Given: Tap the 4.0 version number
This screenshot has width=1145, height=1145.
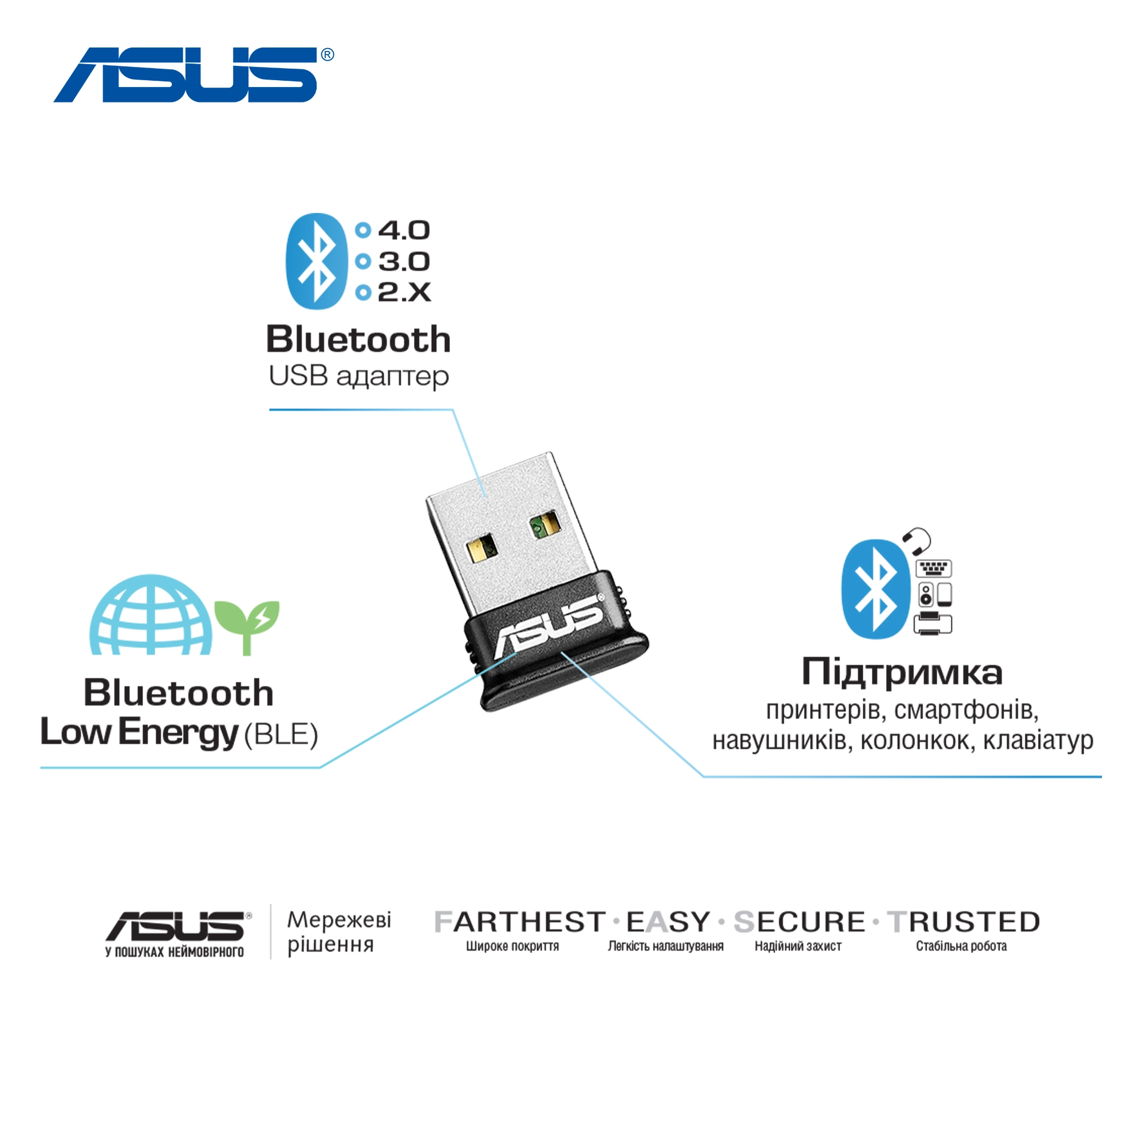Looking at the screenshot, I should pos(404,231).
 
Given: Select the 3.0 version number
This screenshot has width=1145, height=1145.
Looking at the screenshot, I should pos(404,262).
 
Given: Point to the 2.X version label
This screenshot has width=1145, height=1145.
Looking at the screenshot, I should pos(404,292).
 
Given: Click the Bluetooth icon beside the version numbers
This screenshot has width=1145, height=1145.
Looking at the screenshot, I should pos(317,262).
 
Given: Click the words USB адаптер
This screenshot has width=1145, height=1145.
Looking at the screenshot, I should pos(358,376).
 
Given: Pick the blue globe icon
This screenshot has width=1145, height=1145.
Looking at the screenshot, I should pos(151,617).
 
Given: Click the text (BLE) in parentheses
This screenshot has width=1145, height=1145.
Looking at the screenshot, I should pos(281,735).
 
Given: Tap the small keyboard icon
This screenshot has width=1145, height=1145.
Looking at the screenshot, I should pos(933,568).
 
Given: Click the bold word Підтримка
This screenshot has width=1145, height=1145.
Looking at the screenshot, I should pos(902,673).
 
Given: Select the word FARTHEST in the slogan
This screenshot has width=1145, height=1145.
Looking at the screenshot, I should pos(520,922).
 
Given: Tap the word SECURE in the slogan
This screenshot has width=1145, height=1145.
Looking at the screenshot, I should pos(799,922).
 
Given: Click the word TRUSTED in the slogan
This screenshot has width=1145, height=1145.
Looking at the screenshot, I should pos(964,922).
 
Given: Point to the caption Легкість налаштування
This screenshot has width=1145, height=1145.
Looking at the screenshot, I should pos(666,946).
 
